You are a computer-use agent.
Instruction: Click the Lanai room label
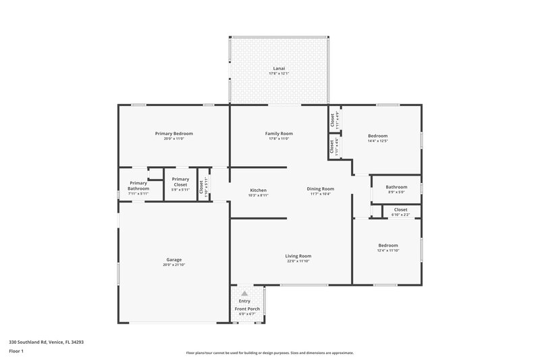click(x=278, y=68)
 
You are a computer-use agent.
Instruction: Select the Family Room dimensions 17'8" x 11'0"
click(x=278, y=138)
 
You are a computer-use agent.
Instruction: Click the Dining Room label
click(x=321, y=189)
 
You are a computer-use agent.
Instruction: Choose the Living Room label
click(x=298, y=255)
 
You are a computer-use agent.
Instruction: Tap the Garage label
click(x=174, y=259)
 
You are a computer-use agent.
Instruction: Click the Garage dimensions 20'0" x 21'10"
click(x=174, y=265)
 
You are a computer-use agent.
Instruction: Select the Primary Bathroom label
click(x=138, y=186)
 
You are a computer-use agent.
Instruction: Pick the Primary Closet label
click(x=180, y=182)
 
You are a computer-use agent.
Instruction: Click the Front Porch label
click(x=247, y=309)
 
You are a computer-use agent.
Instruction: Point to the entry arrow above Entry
click(x=244, y=294)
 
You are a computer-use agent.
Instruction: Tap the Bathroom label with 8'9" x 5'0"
click(x=396, y=187)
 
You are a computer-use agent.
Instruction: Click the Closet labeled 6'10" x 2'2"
click(x=400, y=209)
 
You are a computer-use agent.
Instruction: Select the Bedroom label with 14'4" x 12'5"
click(x=377, y=136)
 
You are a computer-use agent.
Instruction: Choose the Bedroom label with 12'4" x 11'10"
click(x=387, y=245)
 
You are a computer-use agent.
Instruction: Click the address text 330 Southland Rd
click(x=46, y=342)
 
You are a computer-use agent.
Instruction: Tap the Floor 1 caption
click(x=16, y=351)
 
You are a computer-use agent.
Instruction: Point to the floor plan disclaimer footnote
click(x=269, y=353)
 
